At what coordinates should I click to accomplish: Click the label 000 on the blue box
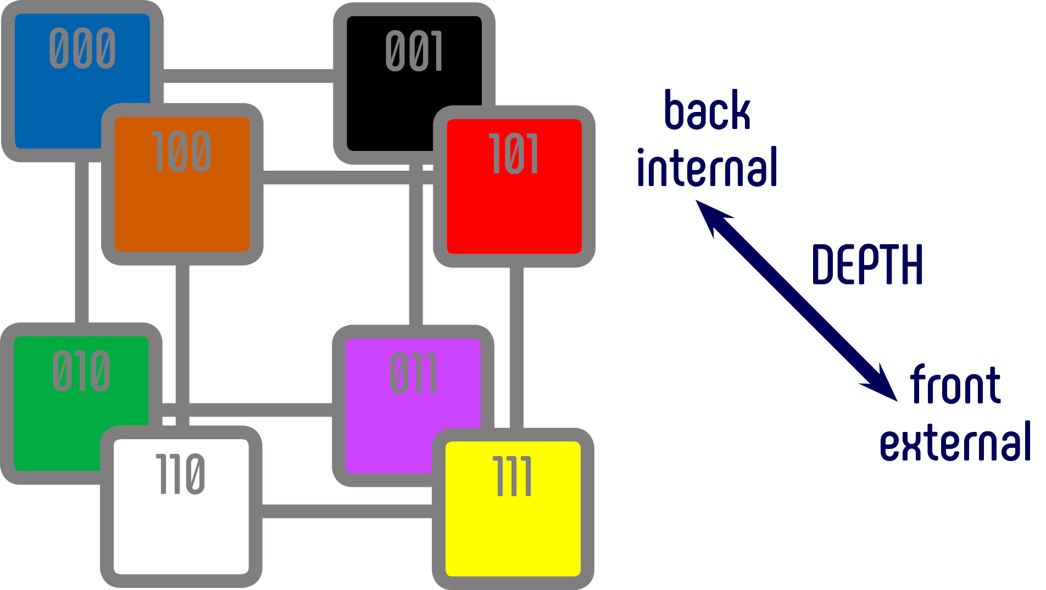click(x=82, y=48)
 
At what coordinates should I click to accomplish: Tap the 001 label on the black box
click(x=414, y=51)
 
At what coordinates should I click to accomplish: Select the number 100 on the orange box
click(x=182, y=151)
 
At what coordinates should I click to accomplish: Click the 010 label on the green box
click(x=81, y=371)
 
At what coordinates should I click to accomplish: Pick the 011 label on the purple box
click(x=413, y=373)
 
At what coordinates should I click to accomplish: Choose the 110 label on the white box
click(x=181, y=474)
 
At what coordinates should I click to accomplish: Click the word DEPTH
click(x=867, y=265)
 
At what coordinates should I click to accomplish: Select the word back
click(x=707, y=111)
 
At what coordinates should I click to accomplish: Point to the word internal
click(x=707, y=167)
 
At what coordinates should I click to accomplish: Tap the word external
click(x=955, y=442)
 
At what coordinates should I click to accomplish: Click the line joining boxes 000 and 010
click(x=82, y=241)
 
